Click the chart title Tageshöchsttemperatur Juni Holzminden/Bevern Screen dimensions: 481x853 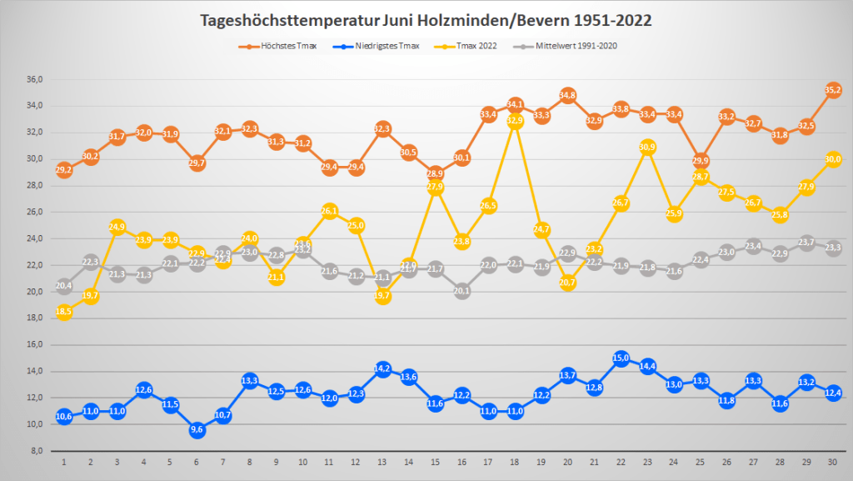[426, 19]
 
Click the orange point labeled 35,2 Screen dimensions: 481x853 [832, 90]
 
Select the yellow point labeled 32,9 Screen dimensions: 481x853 [515, 121]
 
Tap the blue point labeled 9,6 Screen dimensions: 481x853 [197, 429]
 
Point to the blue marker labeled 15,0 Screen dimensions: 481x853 [621, 358]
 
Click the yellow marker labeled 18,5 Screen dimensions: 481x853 [64, 312]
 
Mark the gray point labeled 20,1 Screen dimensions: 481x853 [461, 291]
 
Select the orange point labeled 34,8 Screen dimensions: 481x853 [567, 96]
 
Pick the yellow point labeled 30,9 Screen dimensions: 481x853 [646, 148]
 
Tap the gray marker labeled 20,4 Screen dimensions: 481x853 [64, 286]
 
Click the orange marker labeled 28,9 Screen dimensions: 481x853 [435, 174]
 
